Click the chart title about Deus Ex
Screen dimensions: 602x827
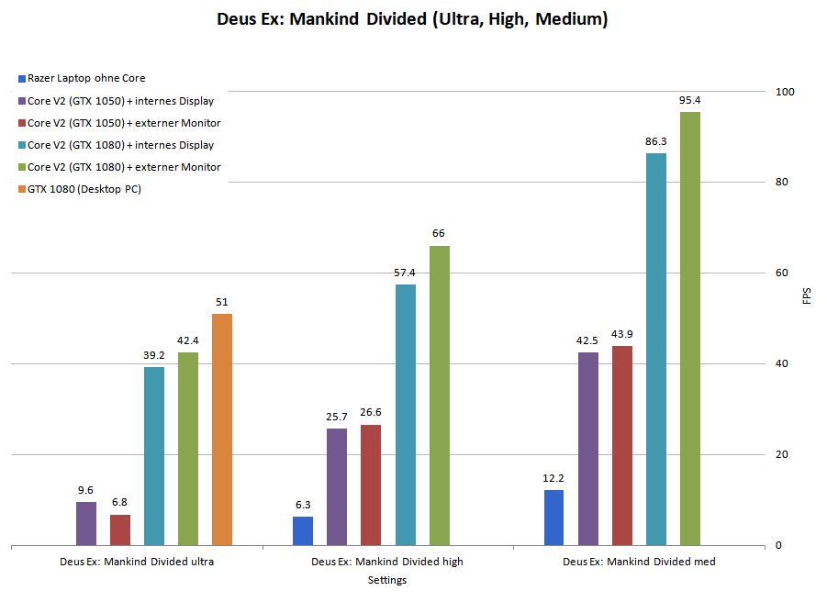coord(412,19)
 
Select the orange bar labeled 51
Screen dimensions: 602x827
coord(222,429)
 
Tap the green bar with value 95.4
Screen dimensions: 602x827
coord(689,329)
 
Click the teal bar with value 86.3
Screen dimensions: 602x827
coord(655,349)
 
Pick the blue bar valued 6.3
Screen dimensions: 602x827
coord(303,530)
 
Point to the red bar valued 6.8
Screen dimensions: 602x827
coord(120,530)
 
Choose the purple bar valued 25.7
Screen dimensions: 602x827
coord(337,486)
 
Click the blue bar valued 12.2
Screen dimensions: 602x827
coord(553,518)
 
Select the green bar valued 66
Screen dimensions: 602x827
coord(439,396)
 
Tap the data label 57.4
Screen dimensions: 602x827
coord(405,273)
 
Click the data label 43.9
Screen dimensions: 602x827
coord(621,334)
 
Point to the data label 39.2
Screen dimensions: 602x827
coord(154,355)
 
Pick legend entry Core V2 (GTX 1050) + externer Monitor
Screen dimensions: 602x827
coord(124,123)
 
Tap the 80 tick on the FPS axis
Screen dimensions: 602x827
coord(783,183)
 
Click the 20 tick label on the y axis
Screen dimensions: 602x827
coord(783,455)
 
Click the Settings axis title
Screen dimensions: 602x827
coord(386,580)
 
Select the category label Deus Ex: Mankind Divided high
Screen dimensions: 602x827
coord(386,562)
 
